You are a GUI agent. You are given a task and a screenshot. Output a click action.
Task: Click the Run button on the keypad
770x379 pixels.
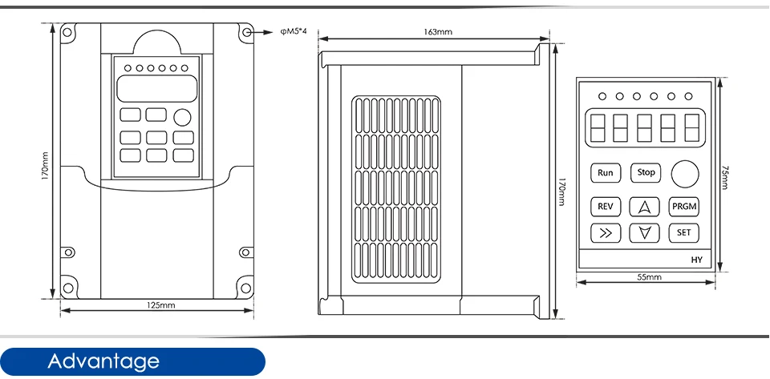(605, 172)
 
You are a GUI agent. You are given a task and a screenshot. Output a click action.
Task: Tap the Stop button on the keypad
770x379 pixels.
(646, 172)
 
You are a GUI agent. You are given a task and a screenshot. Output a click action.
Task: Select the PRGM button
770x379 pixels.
(684, 206)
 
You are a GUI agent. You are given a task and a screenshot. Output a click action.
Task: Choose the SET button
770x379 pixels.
(684, 233)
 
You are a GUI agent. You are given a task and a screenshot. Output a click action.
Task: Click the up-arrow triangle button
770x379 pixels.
(644, 206)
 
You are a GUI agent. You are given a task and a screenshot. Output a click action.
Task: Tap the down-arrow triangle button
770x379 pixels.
(644, 233)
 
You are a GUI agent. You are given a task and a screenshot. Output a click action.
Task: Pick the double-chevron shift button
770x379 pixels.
(605, 233)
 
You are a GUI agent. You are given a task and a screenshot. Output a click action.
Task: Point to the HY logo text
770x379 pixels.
(696, 260)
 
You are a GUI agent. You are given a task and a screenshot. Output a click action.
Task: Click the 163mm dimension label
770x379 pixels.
(438, 33)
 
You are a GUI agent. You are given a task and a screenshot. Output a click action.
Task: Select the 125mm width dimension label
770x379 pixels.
(161, 305)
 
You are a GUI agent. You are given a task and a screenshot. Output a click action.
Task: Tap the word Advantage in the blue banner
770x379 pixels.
(103, 361)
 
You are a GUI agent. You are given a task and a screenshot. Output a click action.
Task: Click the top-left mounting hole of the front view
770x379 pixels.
(68, 32)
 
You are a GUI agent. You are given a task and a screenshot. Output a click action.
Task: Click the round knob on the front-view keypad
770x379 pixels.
(183, 118)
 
